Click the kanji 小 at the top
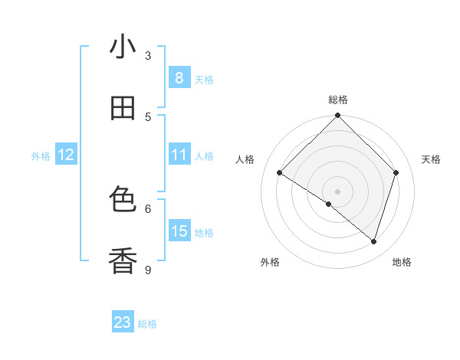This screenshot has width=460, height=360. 123,47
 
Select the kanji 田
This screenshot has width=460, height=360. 123,109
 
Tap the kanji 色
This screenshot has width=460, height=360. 123,200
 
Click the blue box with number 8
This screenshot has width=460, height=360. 179,77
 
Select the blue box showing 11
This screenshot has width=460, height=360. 179,155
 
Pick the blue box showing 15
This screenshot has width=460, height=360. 179,231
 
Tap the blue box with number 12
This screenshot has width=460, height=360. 65,155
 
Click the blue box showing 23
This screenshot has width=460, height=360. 123,322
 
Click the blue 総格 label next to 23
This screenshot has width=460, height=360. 147,324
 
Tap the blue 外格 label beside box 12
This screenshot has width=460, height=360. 41,156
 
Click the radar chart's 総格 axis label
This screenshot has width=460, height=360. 338,100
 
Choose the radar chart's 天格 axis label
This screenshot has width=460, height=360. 431,159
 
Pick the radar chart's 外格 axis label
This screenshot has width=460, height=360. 270,262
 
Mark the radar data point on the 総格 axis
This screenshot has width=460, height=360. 338,116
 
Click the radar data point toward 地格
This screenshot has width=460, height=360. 373,241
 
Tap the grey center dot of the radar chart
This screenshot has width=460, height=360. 338,191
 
